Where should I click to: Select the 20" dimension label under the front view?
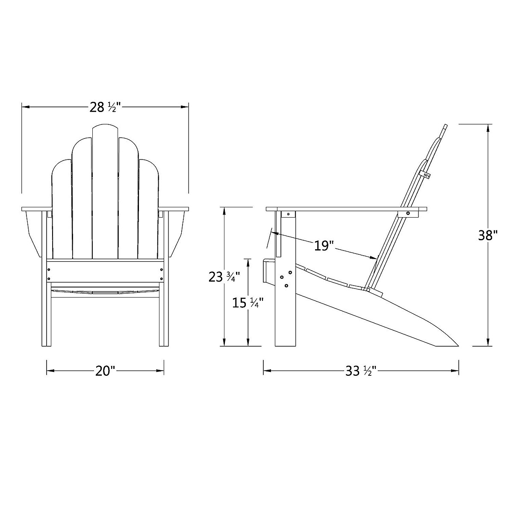click(x=105, y=371)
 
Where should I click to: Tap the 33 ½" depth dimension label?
click(x=360, y=371)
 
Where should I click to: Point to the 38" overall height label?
click(x=488, y=236)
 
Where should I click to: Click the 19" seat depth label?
click(x=324, y=245)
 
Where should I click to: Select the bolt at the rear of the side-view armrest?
click(x=408, y=213)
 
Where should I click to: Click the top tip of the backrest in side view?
click(x=445, y=127)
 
